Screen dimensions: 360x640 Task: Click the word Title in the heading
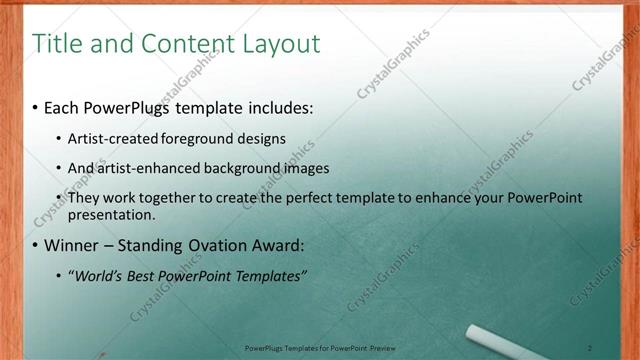click(x=55, y=44)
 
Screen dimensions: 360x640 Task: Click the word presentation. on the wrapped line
click(x=111, y=214)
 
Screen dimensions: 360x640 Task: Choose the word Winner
click(x=72, y=245)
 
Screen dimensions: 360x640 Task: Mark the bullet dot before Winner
click(x=35, y=245)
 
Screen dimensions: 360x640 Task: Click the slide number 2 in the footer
click(x=590, y=348)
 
